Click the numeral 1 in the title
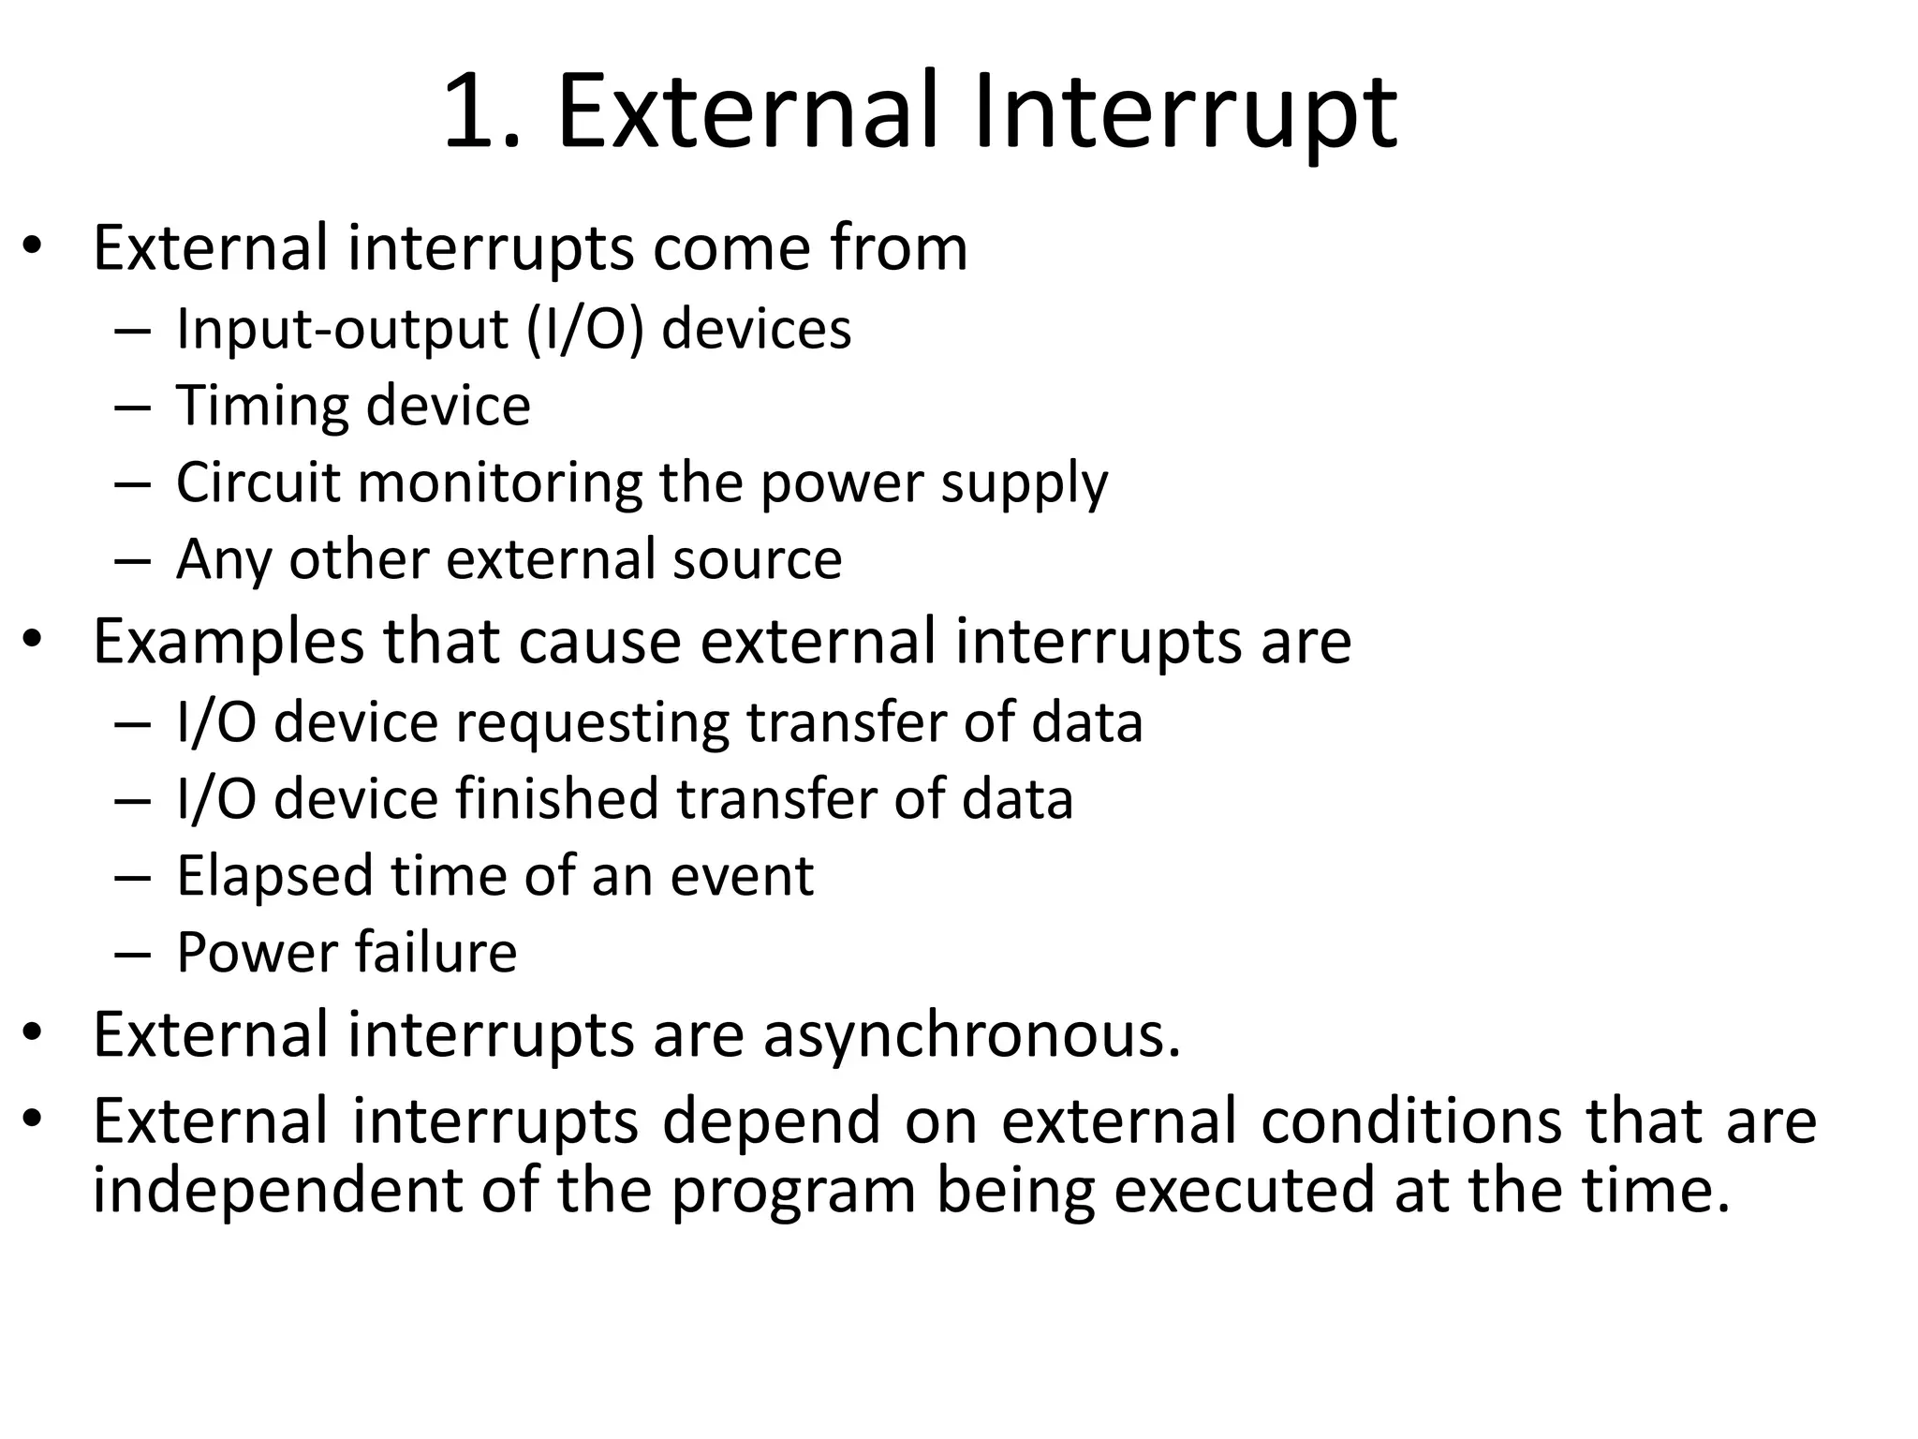tap(468, 114)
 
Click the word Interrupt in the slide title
tap(1185, 114)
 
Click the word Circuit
tap(258, 482)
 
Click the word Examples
tap(229, 643)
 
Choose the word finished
tap(558, 799)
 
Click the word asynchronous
tap(971, 1036)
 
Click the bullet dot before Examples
tap(34, 640)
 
